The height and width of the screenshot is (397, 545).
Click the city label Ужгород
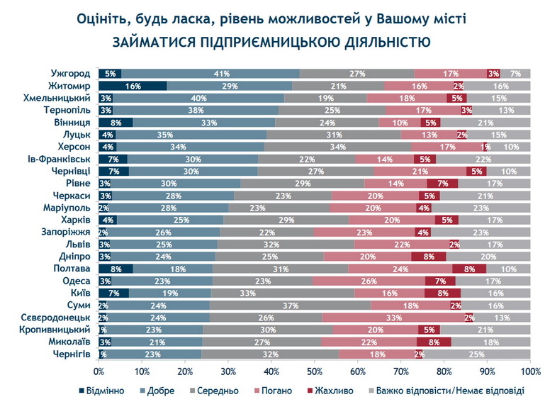tap(70, 73)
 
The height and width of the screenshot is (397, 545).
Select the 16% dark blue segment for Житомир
tap(133, 85)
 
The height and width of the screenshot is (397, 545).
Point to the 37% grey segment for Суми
tap(290, 306)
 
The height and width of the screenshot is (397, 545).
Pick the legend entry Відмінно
tap(106, 390)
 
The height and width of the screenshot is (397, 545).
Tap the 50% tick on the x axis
tap(315, 371)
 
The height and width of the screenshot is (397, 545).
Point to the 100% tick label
tap(530, 371)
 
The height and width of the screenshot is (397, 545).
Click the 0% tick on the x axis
tap(99, 371)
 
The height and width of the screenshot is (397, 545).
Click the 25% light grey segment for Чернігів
tap(477, 354)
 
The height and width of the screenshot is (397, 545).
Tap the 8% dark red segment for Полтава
tap(469, 269)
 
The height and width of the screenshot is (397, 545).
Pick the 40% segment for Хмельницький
tap(198, 98)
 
